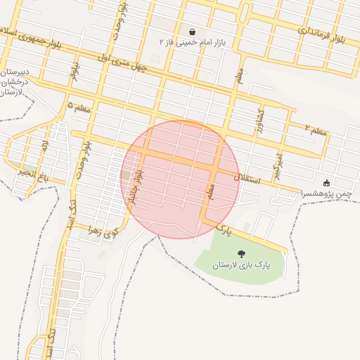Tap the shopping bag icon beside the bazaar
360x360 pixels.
tap(193, 32)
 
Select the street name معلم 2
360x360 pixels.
tap(317, 129)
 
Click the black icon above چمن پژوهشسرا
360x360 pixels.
tap(326, 182)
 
